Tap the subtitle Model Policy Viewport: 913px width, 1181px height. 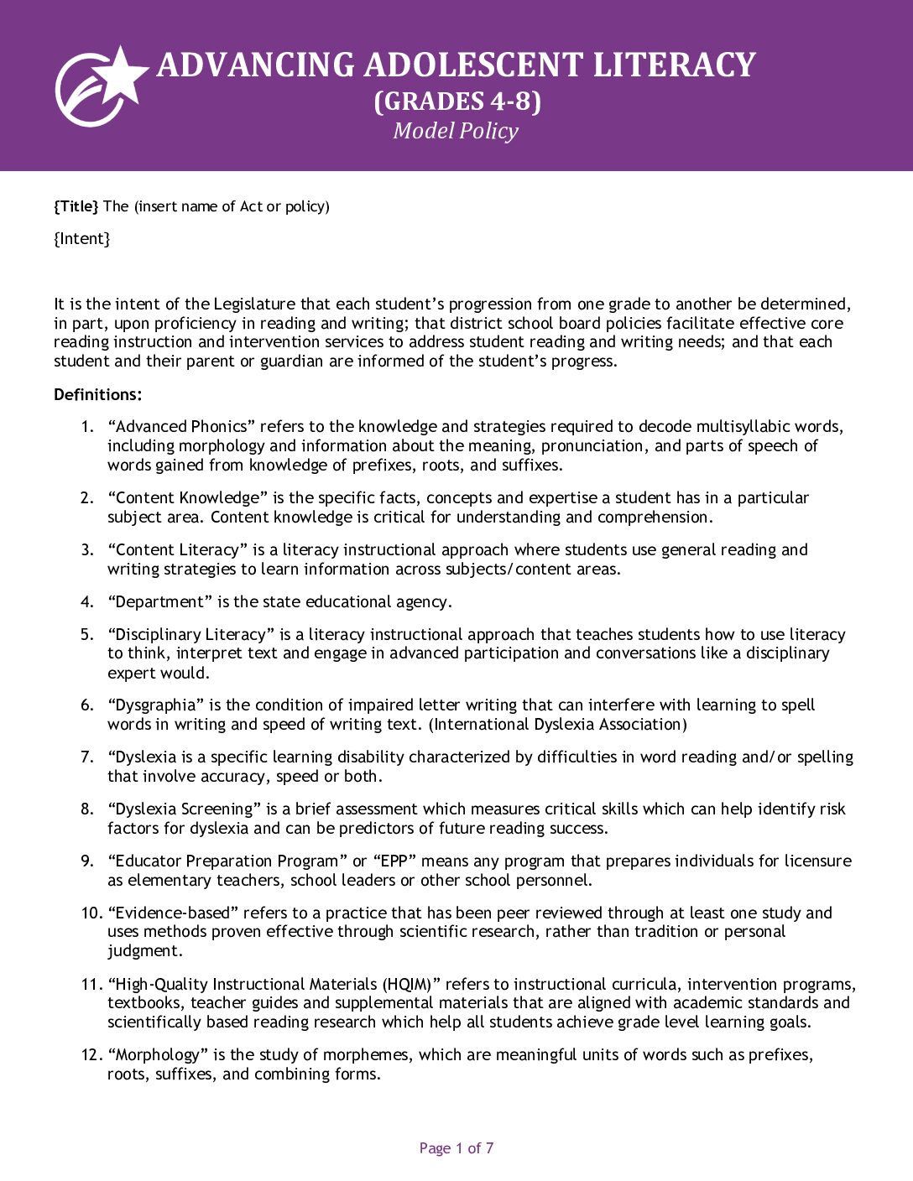(456, 131)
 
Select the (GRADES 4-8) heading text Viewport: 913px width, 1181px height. (456, 101)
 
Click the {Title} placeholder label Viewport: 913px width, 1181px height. (76, 206)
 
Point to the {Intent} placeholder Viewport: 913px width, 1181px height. (82, 239)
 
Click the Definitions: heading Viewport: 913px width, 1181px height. (98, 395)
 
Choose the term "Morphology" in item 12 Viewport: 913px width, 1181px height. (157, 1055)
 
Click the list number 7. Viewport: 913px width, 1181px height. (87, 757)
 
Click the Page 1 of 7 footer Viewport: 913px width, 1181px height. (456, 1148)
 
